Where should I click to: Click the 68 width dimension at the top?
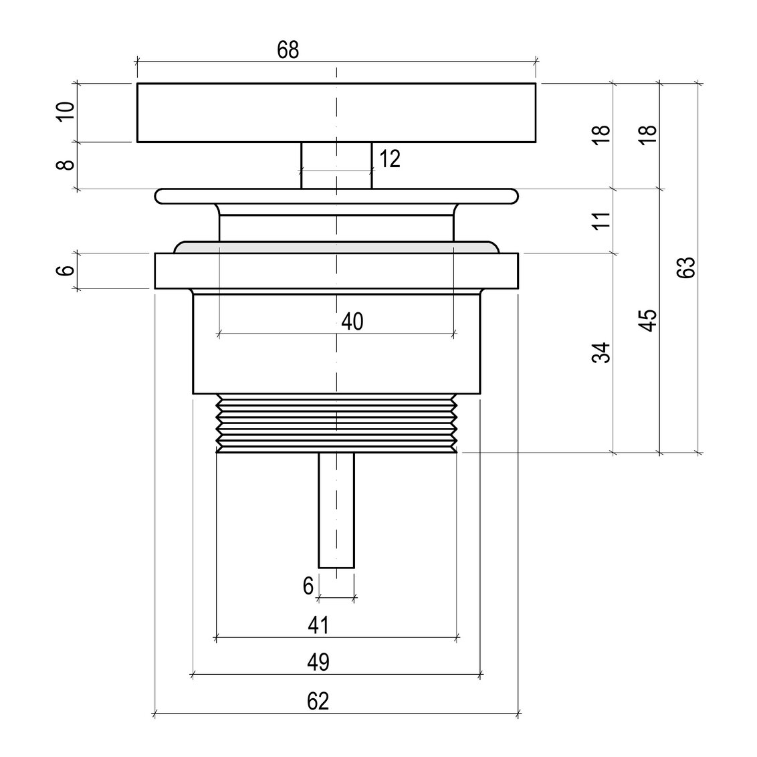tap(288, 50)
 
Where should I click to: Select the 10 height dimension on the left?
tap(66, 112)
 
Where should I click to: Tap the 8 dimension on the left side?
tap(66, 165)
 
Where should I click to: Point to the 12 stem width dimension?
tap(390, 159)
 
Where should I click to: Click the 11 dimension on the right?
tap(602, 220)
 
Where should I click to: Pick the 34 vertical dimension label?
tap(602, 353)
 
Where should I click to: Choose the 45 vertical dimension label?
tap(649, 320)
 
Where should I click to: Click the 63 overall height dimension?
tap(685, 267)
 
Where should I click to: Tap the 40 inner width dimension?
tap(352, 322)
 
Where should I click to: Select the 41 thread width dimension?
tap(318, 625)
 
